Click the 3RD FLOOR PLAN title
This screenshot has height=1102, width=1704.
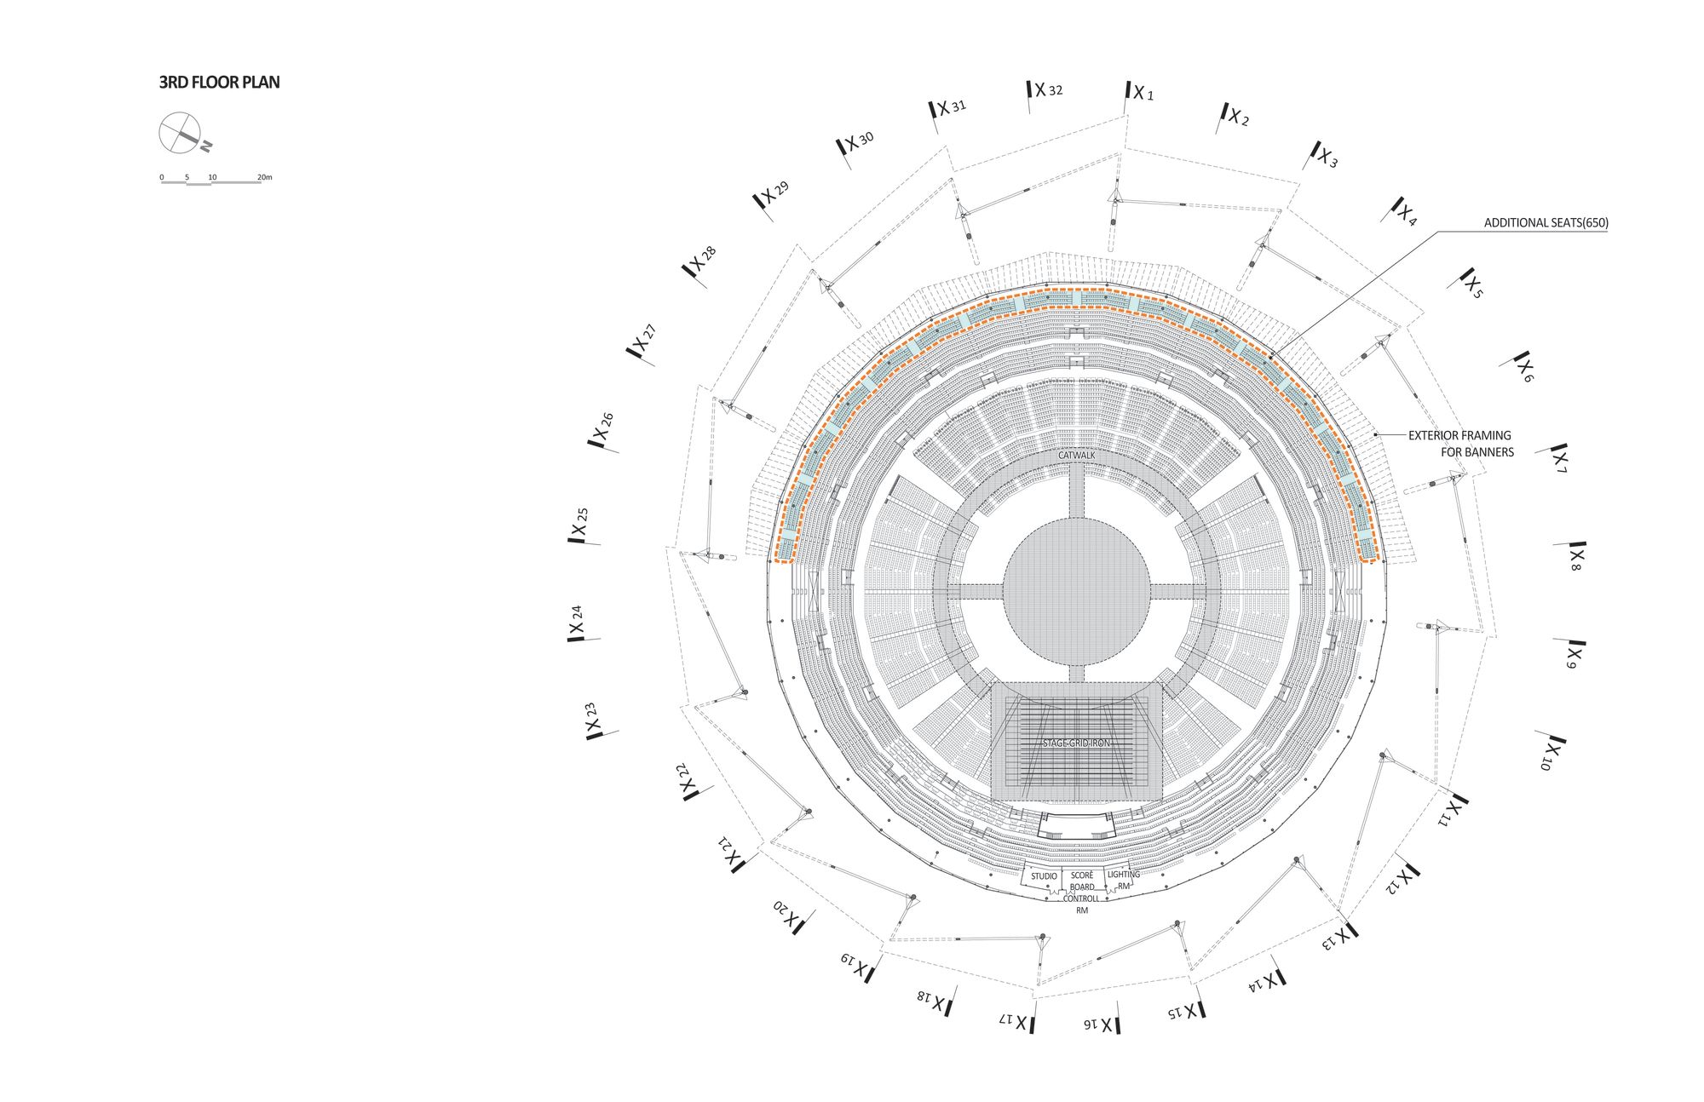[x=219, y=83]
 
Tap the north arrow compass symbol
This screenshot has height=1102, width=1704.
[x=181, y=133]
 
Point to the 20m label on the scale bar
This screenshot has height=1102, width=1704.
[x=264, y=177]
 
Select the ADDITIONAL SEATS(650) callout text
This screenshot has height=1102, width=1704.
[x=1546, y=223]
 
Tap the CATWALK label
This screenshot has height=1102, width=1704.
[x=1076, y=456]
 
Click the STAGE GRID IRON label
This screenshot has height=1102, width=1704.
[x=1076, y=743]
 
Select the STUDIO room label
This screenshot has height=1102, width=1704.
[x=1044, y=876]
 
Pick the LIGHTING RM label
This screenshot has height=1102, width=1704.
[x=1123, y=881]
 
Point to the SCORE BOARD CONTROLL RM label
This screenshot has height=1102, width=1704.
[x=1081, y=893]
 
